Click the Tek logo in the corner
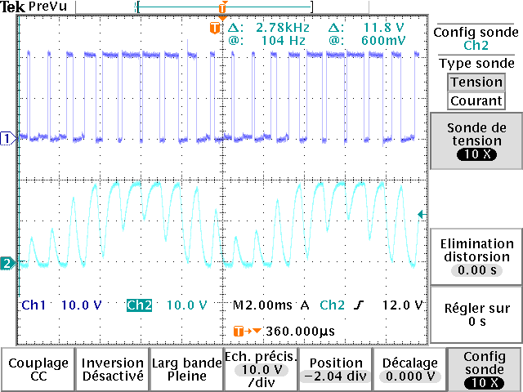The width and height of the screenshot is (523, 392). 12,6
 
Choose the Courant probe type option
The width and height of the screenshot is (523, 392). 476,100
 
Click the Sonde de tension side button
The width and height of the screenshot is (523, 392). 476,140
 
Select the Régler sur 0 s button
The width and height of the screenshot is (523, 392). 476,314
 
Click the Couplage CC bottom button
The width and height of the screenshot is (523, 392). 39,369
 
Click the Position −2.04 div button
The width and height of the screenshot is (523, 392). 335,369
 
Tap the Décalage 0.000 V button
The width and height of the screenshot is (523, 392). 409,369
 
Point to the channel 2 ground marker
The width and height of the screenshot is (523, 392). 7,263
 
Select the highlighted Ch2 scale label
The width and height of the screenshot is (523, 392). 140,305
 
